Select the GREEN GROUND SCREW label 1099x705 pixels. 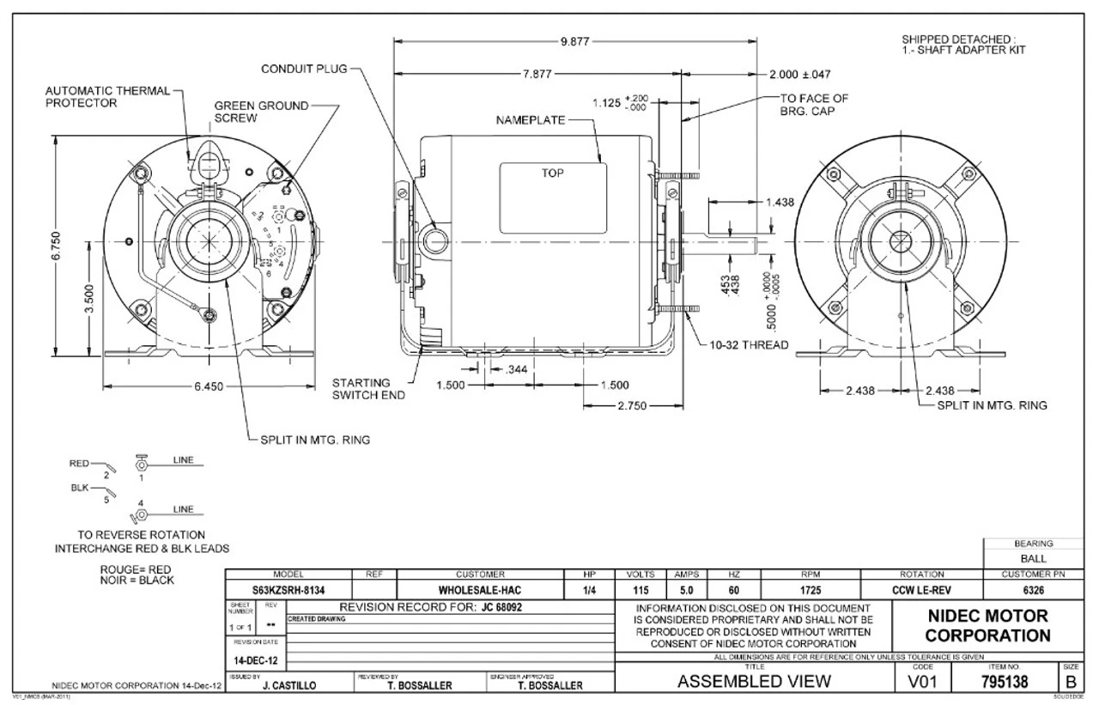coord(261,111)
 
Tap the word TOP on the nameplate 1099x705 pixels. coord(552,172)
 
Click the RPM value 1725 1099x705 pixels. coord(810,591)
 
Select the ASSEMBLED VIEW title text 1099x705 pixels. coord(754,682)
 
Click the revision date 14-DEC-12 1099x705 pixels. coord(255,660)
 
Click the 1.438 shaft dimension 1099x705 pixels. coord(780,202)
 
